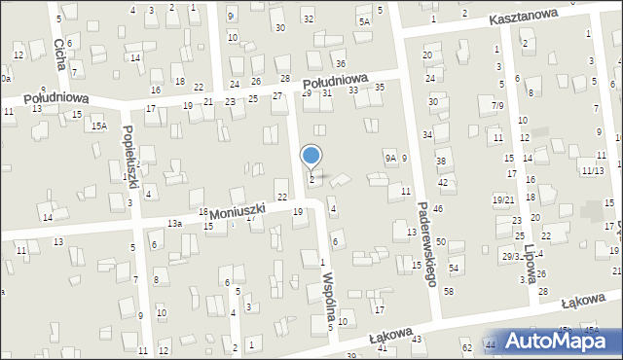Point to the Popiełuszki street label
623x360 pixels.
129,158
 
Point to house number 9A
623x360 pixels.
389,158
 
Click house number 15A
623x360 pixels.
98,126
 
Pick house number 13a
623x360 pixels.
174,224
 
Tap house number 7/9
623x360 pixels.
498,105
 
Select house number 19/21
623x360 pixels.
502,199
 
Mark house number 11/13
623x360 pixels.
591,170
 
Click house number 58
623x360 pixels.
449,291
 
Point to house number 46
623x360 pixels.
439,209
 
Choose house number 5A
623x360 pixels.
365,21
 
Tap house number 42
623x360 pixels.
443,182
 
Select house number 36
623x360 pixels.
340,63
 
